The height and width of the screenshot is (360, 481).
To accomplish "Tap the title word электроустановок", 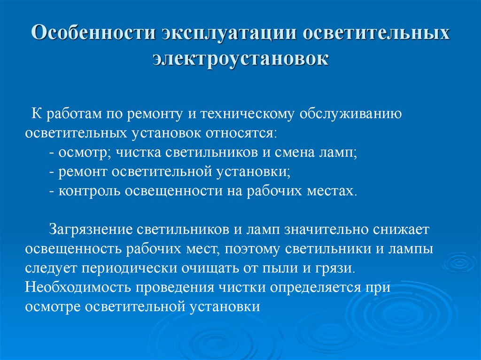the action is coord(241,58).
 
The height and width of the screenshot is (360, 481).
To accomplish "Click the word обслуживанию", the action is coord(350,114).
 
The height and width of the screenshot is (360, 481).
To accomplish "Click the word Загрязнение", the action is coord(91,230).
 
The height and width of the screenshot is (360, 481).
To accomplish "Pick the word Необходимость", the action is coord(78,287).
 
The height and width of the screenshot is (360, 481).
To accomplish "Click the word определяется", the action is coord(314,288).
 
